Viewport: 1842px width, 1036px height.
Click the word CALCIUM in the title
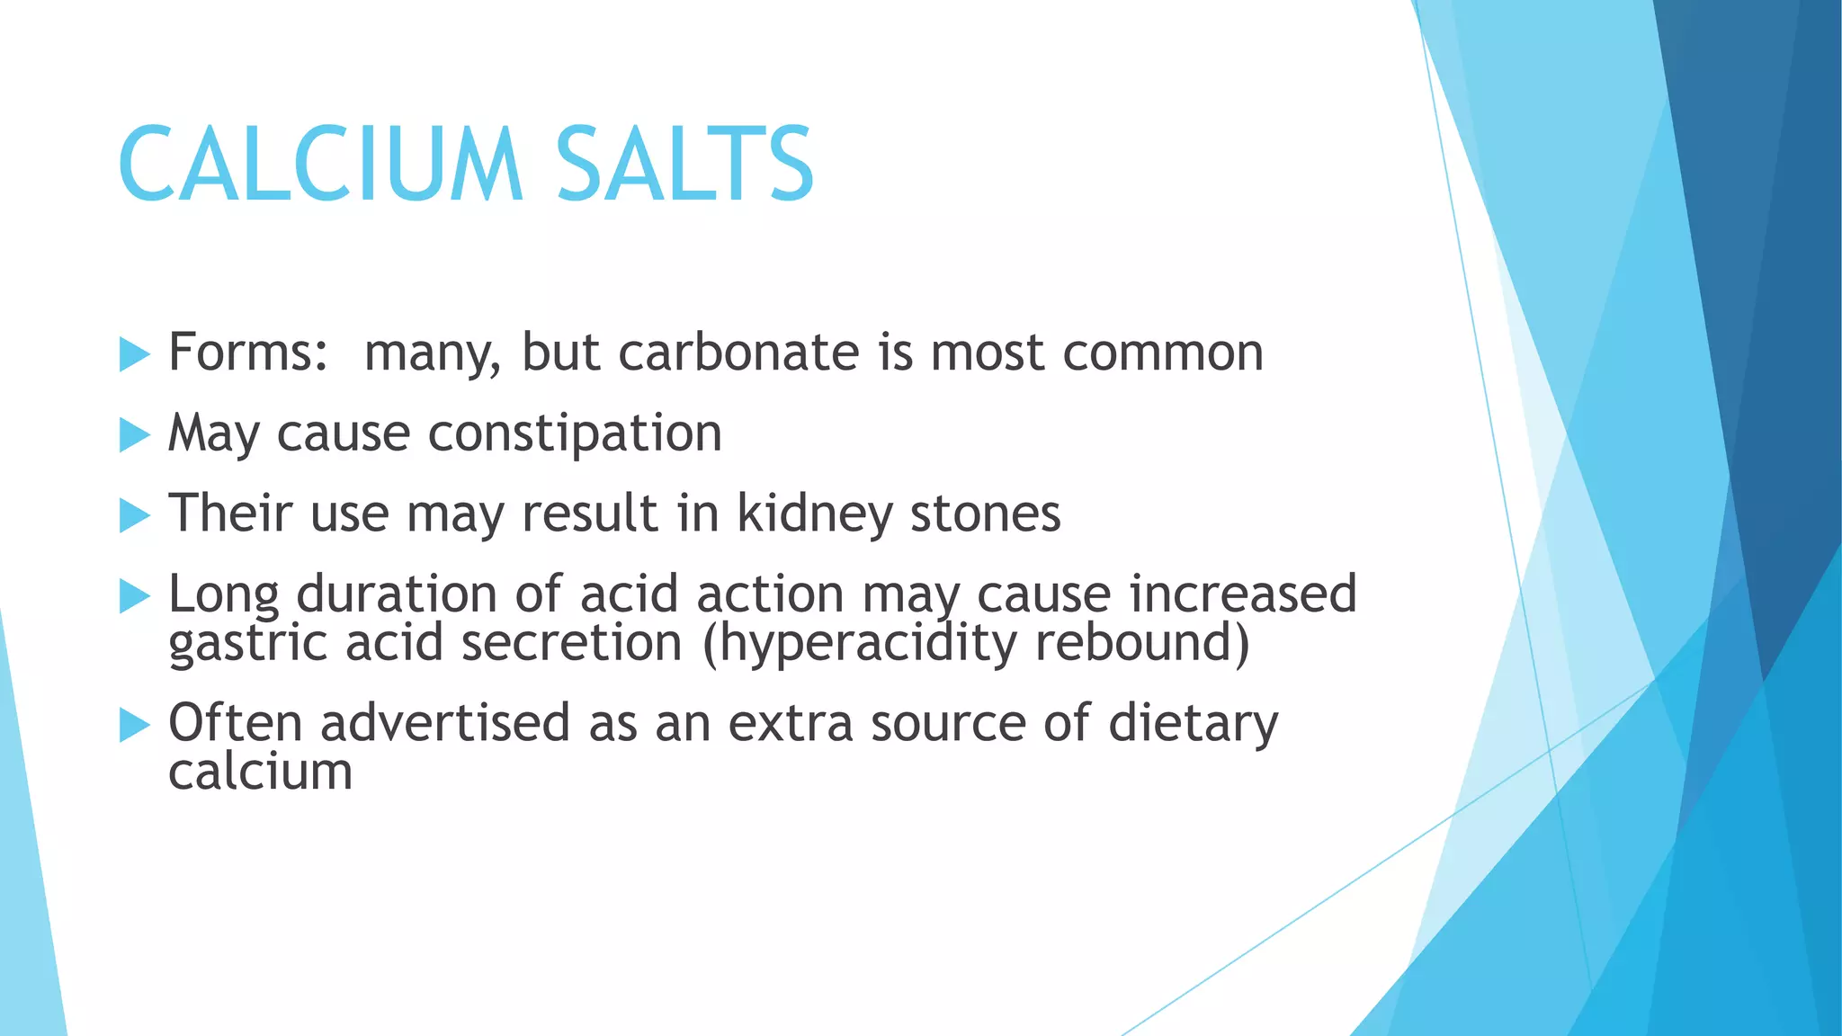[x=319, y=165]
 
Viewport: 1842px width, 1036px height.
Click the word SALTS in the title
[x=684, y=165]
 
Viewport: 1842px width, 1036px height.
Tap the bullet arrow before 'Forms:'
[x=134, y=354]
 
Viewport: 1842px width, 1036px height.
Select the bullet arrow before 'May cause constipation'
[x=134, y=435]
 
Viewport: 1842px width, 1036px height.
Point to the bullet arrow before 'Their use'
[x=134, y=516]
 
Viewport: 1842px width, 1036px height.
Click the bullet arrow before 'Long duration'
[x=134, y=596]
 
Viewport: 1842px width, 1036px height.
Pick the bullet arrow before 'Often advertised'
[x=134, y=725]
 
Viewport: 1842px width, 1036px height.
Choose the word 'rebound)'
[x=1142, y=643]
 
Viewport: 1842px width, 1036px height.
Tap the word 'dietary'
[x=1193, y=724]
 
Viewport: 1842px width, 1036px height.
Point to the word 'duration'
[x=397, y=594]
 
